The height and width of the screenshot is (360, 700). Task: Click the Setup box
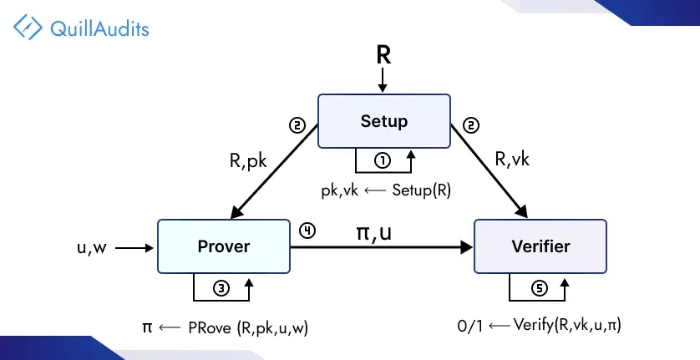383,121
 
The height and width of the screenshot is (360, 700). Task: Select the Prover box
224,246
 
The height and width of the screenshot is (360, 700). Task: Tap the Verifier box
541,246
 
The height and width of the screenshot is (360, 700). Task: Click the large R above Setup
383,56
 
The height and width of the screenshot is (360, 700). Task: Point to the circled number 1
383,159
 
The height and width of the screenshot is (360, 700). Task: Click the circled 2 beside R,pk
296,126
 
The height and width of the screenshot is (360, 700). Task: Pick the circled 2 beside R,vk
471,126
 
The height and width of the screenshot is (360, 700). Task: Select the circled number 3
222,287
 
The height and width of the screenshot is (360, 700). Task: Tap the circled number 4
307,231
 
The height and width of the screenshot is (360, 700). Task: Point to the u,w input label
92,247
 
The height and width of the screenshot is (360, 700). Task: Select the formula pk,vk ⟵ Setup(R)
386,190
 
